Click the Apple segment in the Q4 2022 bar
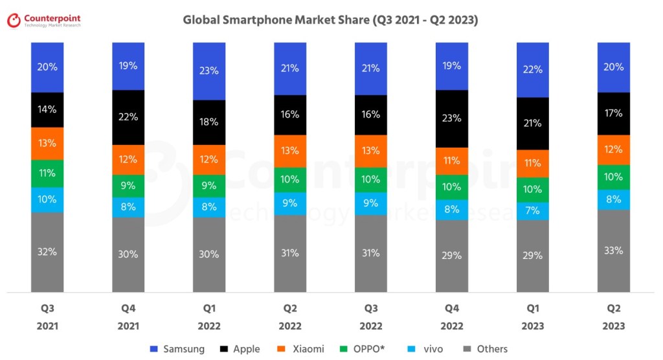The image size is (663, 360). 452,118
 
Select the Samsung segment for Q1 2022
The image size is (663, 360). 209,71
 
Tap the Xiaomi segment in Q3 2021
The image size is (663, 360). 47,143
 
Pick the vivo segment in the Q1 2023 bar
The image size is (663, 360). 533,211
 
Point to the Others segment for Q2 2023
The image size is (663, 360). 614,251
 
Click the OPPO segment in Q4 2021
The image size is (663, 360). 128,186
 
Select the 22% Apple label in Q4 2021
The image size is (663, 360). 128,117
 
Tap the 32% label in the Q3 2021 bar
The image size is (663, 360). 47,252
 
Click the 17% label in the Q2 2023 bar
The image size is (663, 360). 614,113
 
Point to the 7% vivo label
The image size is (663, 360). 533,211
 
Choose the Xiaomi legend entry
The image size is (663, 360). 300,349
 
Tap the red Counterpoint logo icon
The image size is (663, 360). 14,21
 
